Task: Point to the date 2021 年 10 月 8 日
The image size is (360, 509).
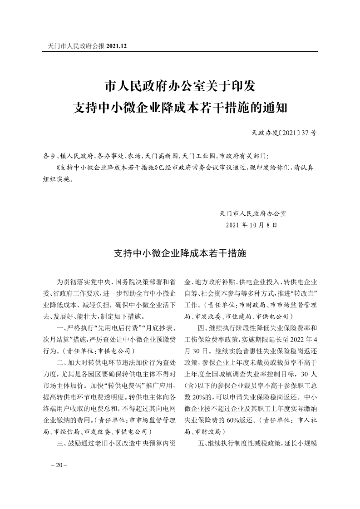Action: click(x=251, y=225)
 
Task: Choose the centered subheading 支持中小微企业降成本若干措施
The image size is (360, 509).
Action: click(x=180, y=253)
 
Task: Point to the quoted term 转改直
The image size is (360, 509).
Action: click(x=305, y=292)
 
